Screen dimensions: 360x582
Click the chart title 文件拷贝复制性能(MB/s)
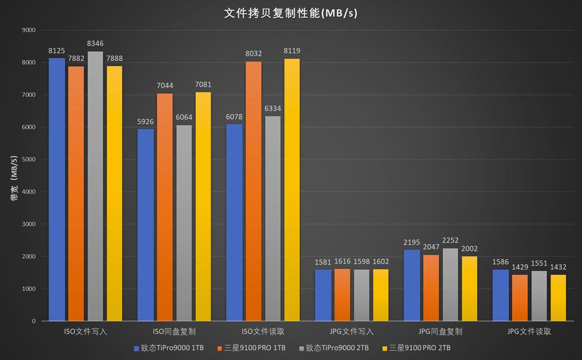click(x=291, y=13)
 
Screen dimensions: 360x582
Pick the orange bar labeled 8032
click(x=253, y=191)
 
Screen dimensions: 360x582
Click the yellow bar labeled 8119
click(x=292, y=190)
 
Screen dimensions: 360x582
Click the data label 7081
click(x=203, y=85)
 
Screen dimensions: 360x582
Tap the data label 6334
click(x=273, y=109)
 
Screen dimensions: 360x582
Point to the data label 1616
click(x=343, y=262)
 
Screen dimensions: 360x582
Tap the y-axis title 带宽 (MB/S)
click(x=15, y=178)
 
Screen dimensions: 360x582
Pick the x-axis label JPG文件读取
click(x=529, y=331)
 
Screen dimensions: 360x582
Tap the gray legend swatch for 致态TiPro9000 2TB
click(x=301, y=348)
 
